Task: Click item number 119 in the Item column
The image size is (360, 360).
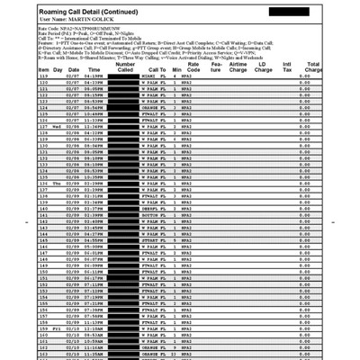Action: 43,78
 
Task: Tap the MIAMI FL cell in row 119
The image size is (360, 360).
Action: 155,78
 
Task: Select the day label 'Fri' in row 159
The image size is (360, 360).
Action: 57,328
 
